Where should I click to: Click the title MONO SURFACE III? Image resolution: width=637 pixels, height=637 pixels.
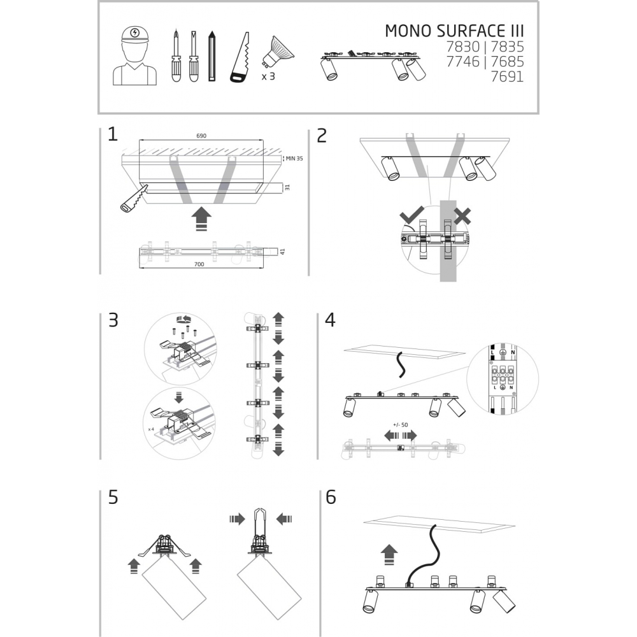coord(455,32)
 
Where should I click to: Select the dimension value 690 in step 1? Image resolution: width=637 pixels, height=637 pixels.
coord(201,136)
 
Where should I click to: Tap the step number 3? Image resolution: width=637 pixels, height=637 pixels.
coord(113,320)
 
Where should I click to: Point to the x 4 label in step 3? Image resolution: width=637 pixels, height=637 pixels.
coord(151,429)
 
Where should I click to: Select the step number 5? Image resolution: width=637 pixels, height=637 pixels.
coord(113,497)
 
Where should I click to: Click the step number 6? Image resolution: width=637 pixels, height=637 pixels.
coord(330,497)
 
